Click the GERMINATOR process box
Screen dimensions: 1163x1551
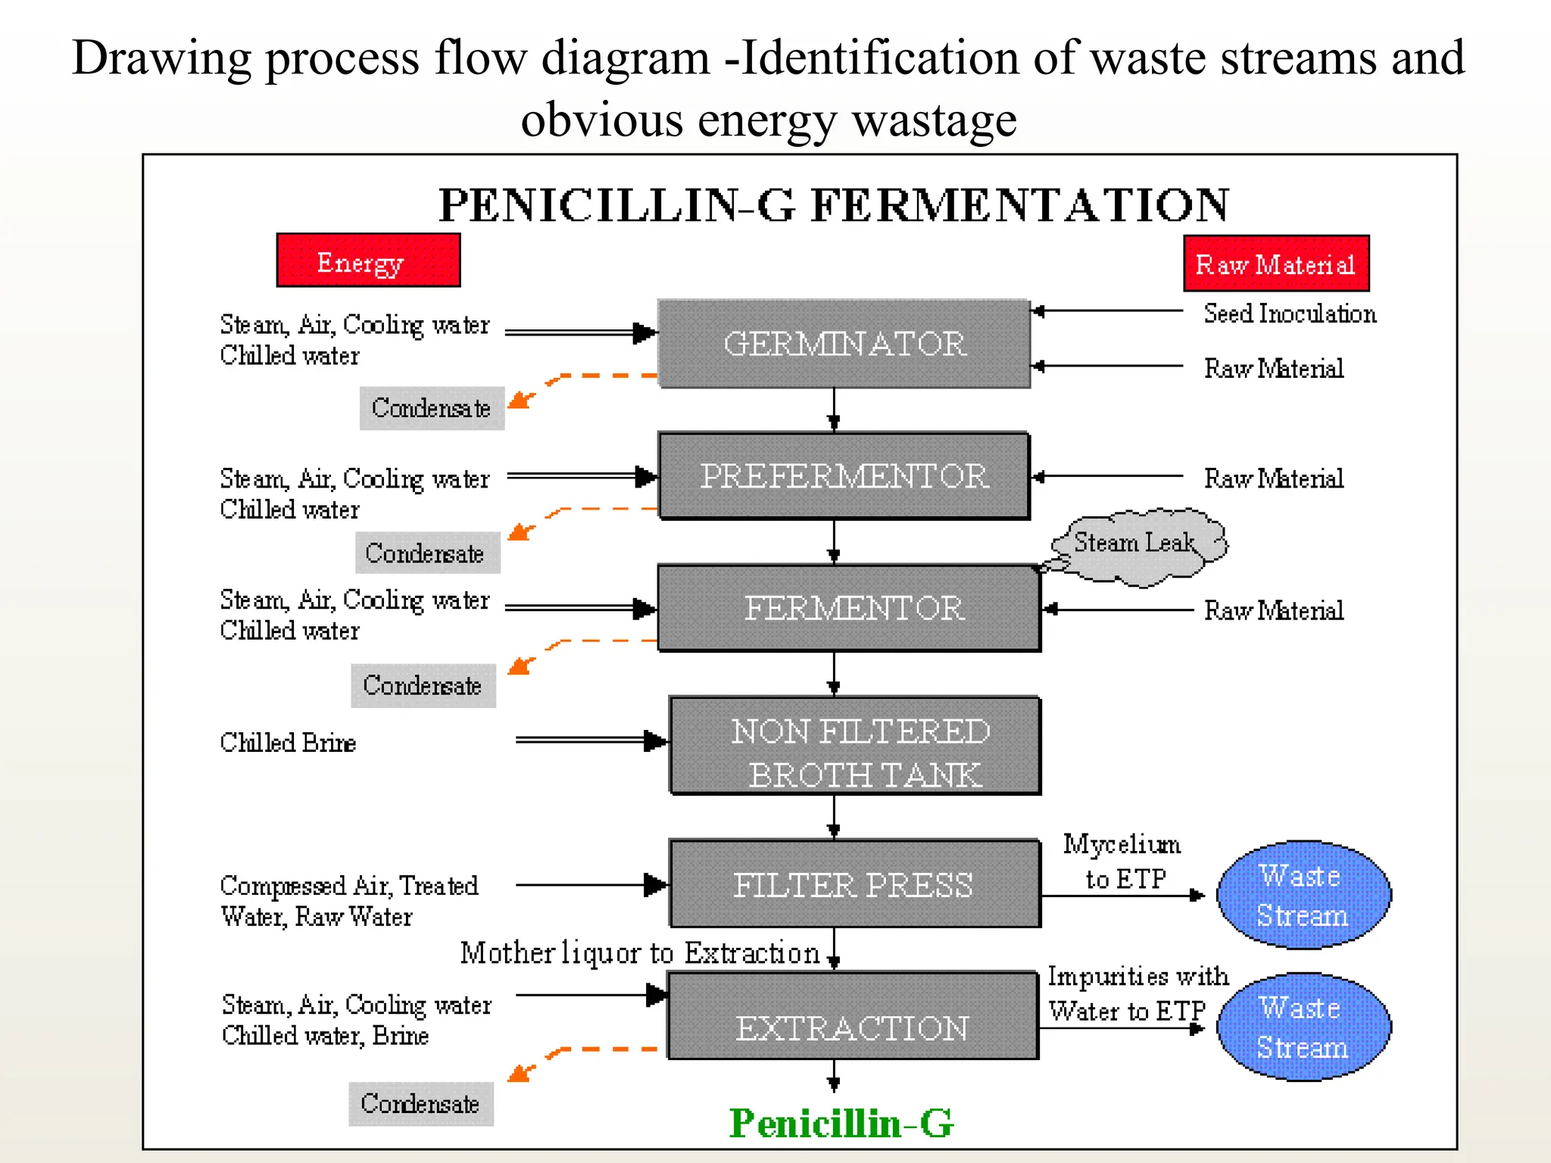click(x=844, y=344)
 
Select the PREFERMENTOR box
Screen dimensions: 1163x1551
click(x=844, y=475)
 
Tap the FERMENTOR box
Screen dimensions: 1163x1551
click(x=849, y=608)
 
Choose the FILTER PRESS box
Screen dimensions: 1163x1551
click(x=854, y=884)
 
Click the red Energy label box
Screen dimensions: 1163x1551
click(x=368, y=260)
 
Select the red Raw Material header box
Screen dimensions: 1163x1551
click(x=1276, y=263)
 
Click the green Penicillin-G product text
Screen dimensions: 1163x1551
click(x=841, y=1123)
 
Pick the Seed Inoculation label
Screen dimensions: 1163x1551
click(x=1289, y=313)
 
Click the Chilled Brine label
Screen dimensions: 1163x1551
click(x=288, y=743)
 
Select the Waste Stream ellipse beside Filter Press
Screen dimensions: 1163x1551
click(x=1303, y=895)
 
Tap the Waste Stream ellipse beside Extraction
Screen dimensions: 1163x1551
click(x=1303, y=1027)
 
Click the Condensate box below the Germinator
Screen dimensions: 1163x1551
click(x=432, y=409)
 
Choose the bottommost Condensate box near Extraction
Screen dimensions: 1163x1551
click(x=420, y=1104)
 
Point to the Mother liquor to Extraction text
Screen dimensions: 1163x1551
click(x=640, y=953)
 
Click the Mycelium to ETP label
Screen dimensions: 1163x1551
click(x=1123, y=862)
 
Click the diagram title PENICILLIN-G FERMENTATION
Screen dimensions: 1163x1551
click(x=833, y=205)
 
